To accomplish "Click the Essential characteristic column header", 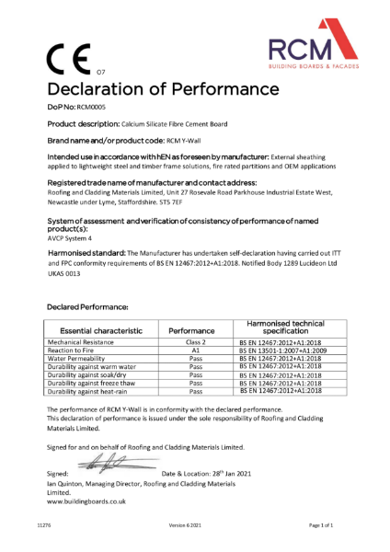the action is coord(88,328).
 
